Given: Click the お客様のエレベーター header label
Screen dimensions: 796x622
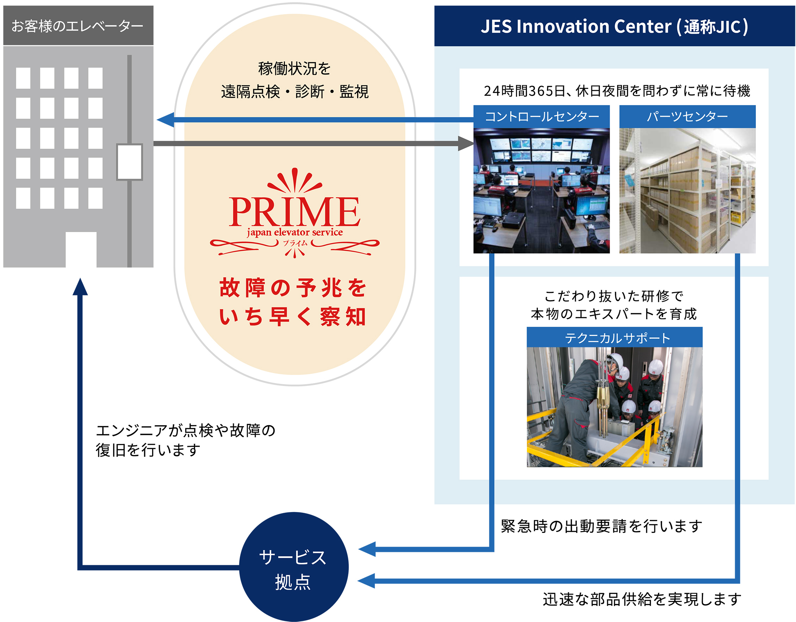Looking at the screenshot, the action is (77, 26).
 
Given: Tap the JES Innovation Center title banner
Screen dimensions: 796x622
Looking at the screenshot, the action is (615, 26).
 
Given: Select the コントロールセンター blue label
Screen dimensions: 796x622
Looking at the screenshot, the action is (542, 117).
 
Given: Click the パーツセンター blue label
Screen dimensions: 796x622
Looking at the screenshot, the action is (688, 117).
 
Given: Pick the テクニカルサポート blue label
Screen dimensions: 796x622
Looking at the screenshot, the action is (615, 337).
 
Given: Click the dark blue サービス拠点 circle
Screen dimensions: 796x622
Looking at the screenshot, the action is (294, 567).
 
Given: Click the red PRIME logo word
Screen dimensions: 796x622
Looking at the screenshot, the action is (294, 211).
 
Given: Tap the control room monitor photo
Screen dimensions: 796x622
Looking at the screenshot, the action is (542, 191).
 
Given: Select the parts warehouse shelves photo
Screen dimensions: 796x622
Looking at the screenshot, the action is (688, 191).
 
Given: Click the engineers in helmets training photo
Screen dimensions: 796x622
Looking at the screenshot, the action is (615, 407).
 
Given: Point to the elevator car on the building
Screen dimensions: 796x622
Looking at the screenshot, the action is (129, 162).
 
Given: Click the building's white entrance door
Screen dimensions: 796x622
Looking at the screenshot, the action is (81, 250).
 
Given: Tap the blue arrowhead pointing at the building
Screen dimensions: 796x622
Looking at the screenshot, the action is (166, 119).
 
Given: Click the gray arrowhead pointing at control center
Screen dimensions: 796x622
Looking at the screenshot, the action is (466, 143).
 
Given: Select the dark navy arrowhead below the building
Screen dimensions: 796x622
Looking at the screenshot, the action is (80, 287).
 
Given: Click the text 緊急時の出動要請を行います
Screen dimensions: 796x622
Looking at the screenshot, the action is (601, 526).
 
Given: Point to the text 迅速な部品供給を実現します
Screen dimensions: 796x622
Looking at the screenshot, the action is (642, 599).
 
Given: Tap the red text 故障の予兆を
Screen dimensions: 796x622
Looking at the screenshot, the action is (293, 288).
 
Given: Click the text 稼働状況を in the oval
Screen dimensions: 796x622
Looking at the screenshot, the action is (294, 69).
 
